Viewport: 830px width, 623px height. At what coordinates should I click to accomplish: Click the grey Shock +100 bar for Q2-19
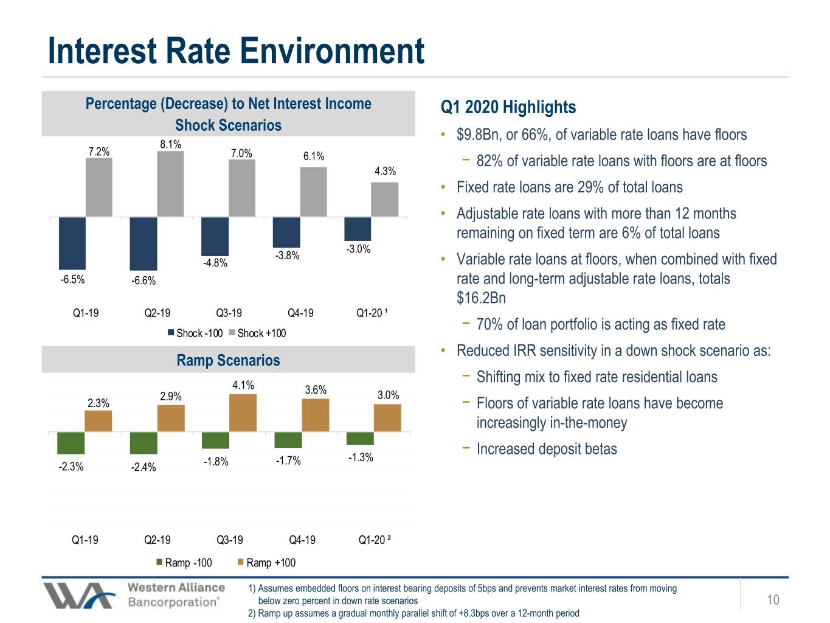[x=170, y=184]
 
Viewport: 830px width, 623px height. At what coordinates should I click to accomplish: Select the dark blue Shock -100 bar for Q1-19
[x=72, y=243]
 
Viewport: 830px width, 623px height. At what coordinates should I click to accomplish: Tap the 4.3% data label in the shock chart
[x=385, y=172]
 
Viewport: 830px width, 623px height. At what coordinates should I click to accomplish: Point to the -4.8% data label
[x=215, y=263]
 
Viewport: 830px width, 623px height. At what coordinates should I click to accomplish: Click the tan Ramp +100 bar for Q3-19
[x=243, y=412]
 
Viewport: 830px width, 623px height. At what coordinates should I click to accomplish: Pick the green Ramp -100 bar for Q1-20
[x=360, y=438]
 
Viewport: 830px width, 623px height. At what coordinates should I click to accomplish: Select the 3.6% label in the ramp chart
[x=316, y=389]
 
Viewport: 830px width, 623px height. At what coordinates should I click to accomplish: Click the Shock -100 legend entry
[x=195, y=333]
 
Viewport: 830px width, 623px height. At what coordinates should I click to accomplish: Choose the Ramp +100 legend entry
[x=266, y=563]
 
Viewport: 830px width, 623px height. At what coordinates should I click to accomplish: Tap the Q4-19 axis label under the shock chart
[x=300, y=313]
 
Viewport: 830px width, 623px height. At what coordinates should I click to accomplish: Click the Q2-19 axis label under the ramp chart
[x=157, y=540]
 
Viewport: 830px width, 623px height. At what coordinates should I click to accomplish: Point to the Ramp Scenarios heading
[x=229, y=360]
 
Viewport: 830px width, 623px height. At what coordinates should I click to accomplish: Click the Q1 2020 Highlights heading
[x=508, y=107]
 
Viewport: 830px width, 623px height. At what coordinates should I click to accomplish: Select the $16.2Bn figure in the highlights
[x=481, y=298]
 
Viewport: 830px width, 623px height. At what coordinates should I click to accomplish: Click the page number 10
[x=773, y=599]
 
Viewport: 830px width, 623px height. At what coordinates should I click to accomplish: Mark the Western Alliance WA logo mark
[x=79, y=596]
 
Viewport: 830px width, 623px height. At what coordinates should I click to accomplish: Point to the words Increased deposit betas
[x=547, y=449]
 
